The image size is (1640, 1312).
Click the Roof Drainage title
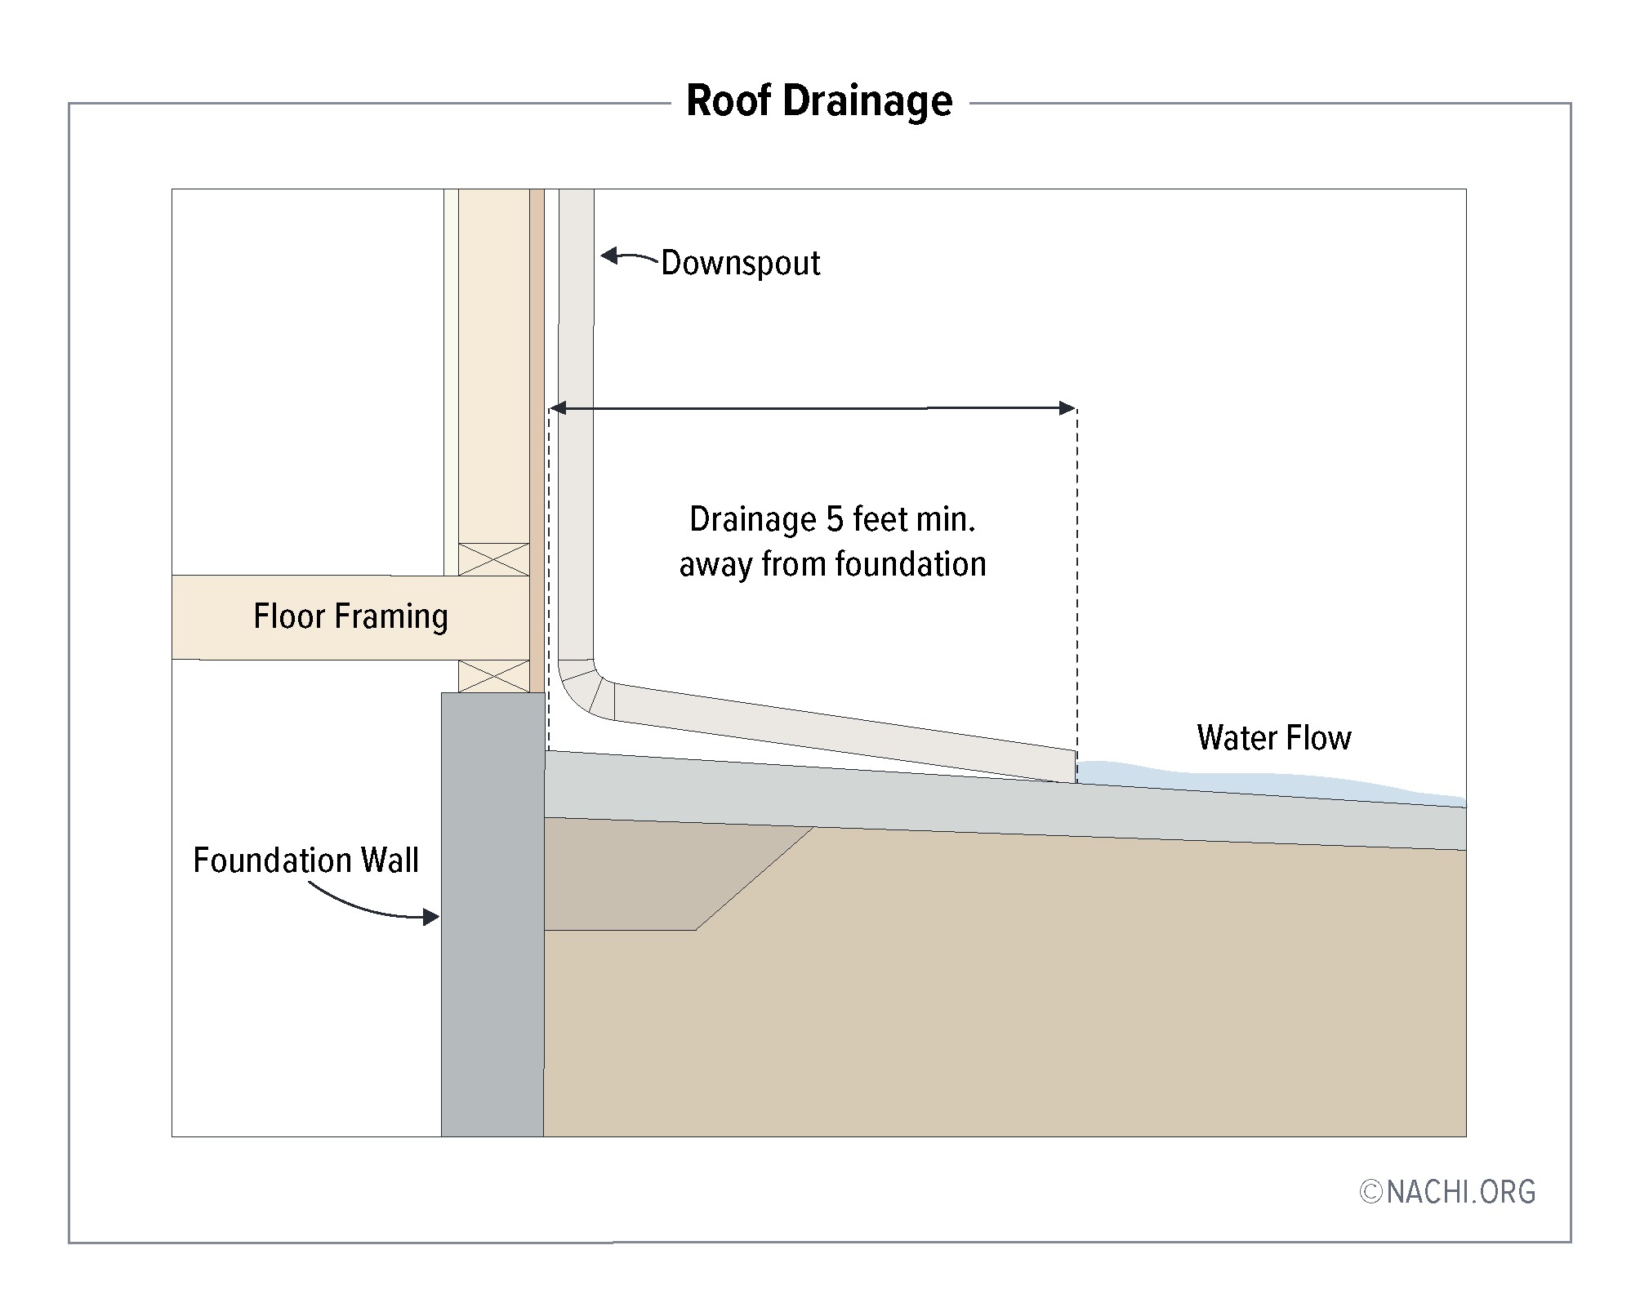click(x=818, y=102)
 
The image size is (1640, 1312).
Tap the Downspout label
click(x=740, y=263)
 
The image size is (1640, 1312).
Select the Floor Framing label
click(x=350, y=616)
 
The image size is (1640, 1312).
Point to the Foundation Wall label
click(x=305, y=861)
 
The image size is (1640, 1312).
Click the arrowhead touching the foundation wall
click(x=432, y=918)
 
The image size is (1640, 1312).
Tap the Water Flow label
click(x=1273, y=738)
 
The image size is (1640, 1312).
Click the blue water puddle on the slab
click(x=1225, y=780)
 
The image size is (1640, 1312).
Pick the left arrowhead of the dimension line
click(x=558, y=407)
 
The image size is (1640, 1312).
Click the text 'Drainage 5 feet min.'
click(x=831, y=519)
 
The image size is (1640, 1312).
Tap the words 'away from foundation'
click(x=831, y=564)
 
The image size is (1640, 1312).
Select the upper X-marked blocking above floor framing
click(x=493, y=559)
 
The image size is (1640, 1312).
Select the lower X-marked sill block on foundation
click(x=493, y=676)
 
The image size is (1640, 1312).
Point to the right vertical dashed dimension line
click(x=1076, y=571)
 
